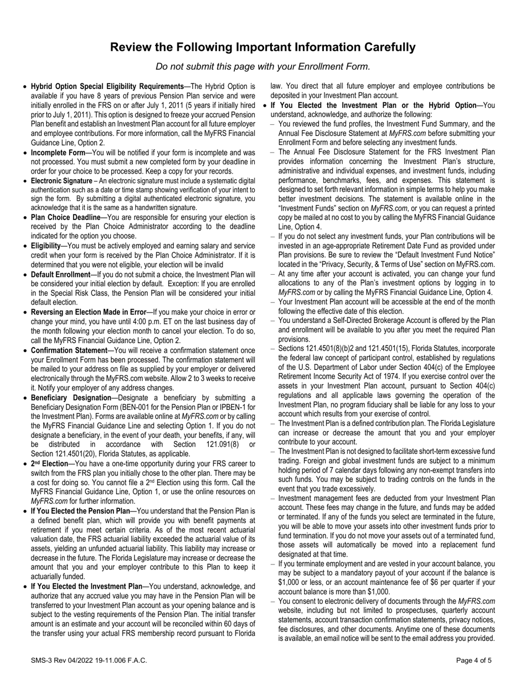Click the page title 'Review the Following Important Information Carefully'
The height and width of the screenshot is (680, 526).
click(x=263, y=47)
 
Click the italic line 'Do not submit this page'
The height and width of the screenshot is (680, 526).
click(x=263, y=67)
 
